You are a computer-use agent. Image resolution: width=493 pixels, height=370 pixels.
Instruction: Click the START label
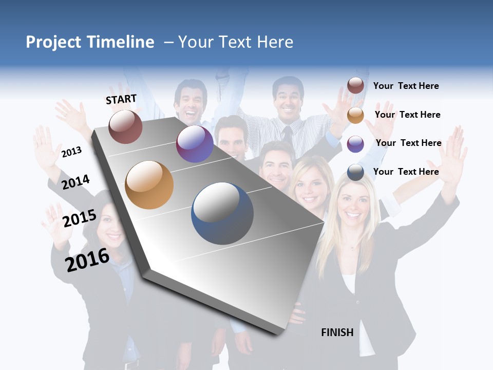pos(121,99)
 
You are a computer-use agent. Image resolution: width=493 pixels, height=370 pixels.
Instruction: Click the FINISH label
pos(337,332)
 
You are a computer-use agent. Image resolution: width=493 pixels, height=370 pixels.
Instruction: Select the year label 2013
pos(71,152)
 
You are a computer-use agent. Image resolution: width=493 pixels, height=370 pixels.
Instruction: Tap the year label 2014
pos(75,182)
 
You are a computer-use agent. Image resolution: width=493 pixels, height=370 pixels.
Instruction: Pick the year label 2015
pos(80,218)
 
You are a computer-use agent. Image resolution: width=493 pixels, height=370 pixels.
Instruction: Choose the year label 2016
pos(87,260)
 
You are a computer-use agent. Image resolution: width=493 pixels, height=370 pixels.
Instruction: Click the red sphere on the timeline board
pos(125,126)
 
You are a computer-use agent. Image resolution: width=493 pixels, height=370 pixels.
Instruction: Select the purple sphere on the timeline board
pos(195,144)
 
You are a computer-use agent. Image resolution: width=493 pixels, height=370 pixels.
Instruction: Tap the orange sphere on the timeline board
pos(149,185)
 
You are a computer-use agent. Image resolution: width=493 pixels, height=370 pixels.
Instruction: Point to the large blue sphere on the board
pos(222,213)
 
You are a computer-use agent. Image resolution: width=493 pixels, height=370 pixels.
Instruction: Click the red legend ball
pos(355,85)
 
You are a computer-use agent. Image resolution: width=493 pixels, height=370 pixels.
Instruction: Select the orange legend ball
pos(355,115)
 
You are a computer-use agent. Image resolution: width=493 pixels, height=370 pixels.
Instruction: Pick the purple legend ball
pos(355,144)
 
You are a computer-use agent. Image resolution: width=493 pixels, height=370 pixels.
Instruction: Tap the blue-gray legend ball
pos(355,172)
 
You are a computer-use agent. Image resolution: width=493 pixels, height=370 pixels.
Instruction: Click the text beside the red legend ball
pos(406,86)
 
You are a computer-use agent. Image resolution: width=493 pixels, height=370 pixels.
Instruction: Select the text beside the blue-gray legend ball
pos(406,172)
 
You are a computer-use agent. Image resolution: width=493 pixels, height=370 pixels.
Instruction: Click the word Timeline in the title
pos(121,42)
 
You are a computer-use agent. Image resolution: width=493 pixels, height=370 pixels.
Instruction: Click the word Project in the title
pos(54,42)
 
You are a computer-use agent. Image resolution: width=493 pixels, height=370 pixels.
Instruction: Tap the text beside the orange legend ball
pos(407,115)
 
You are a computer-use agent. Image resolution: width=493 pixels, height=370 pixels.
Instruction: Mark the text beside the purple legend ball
pos(408,143)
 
